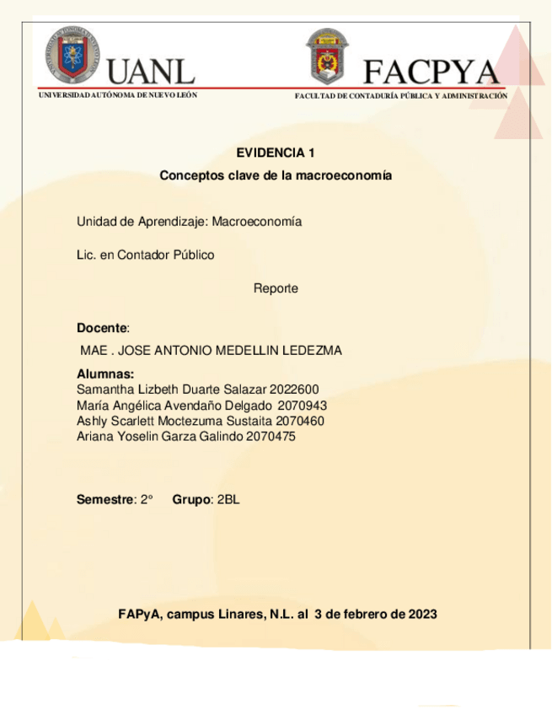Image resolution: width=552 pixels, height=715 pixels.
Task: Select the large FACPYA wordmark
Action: click(431, 72)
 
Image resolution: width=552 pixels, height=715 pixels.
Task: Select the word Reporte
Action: click(276, 288)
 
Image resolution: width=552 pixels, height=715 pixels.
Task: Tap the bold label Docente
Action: click(101, 327)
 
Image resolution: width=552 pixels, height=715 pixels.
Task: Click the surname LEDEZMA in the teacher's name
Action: click(309, 351)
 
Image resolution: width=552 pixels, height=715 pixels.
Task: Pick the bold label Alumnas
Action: click(105, 374)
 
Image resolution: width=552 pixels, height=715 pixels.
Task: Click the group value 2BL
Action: click(228, 499)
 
